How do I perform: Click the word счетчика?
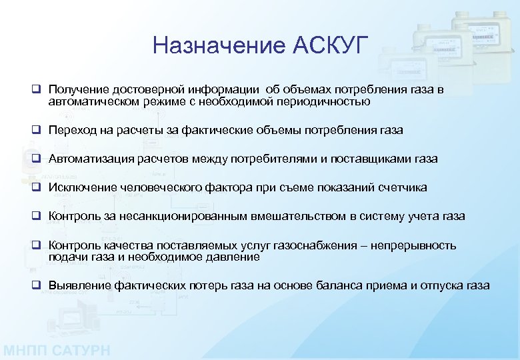point(403,187)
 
